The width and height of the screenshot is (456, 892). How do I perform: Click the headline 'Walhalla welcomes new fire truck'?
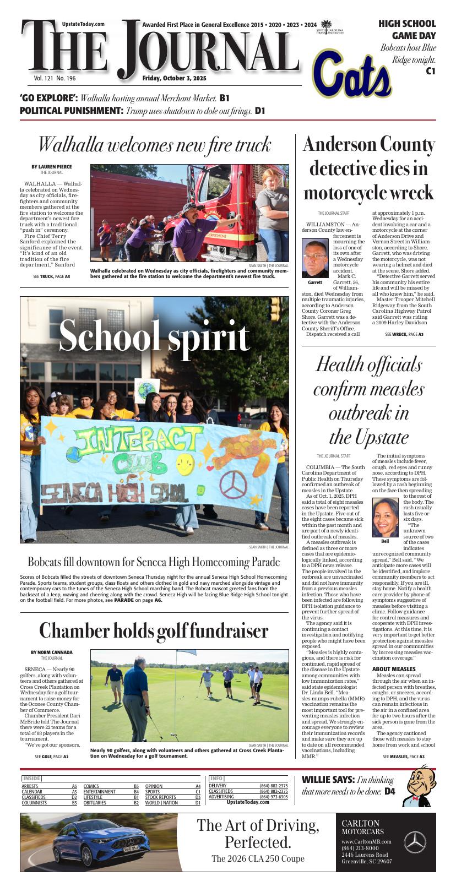tap(154, 145)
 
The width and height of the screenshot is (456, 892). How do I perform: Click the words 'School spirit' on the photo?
tap(154, 335)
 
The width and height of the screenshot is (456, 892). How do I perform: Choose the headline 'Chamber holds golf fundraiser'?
tap(154, 631)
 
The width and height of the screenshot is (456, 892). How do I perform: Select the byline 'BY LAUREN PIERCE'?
tap(51, 167)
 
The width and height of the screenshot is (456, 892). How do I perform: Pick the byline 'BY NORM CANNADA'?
tap(51, 652)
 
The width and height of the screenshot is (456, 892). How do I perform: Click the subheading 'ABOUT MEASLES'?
tap(394, 669)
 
